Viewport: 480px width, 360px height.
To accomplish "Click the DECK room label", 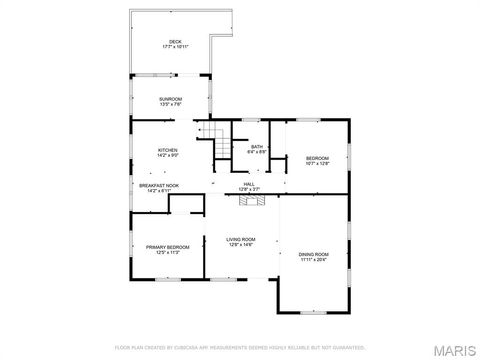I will (175, 42).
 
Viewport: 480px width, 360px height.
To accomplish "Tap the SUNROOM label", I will (170, 98).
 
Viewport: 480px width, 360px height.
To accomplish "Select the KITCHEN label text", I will (168, 150).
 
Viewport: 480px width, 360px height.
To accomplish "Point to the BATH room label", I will (257, 146).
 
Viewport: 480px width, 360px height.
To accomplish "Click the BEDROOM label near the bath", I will (317, 158).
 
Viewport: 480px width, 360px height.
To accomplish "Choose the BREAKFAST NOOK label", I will (160, 185).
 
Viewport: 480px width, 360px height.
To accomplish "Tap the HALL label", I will (249, 184).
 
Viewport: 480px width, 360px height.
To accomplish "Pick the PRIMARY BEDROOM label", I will (168, 247).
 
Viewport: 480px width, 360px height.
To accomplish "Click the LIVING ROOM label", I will (241, 239).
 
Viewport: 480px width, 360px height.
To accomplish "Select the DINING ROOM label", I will (314, 254).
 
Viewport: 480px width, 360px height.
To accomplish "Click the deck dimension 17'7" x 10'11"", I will (175, 47).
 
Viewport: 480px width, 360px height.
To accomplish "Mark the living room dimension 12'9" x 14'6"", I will (241, 245).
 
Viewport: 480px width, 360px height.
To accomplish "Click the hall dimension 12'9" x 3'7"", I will (249, 189).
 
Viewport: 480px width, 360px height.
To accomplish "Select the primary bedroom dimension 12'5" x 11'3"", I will (168, 252).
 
